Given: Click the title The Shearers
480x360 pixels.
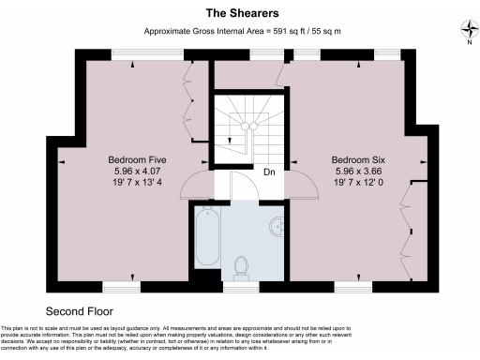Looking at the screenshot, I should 239,13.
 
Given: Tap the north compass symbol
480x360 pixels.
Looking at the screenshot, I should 468,32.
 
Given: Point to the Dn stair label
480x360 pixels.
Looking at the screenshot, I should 269,172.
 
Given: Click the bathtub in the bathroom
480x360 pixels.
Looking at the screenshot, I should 206,237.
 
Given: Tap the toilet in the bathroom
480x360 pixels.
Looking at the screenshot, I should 241,265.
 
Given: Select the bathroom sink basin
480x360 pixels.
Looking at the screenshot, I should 276,228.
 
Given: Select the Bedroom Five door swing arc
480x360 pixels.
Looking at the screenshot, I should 196,183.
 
